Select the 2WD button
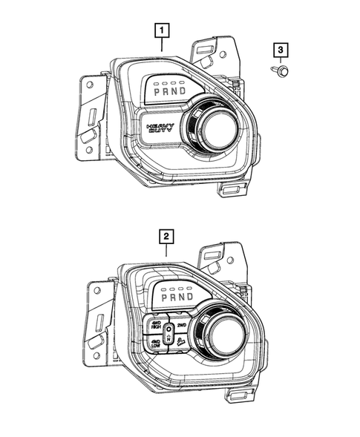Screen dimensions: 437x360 coord(181,325)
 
